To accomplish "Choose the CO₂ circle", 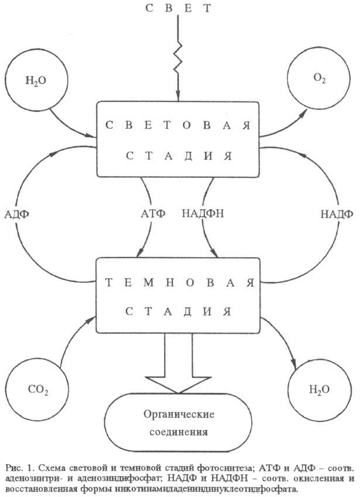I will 37,387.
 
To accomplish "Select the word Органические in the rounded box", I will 179,414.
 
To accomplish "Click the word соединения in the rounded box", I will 179,434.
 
